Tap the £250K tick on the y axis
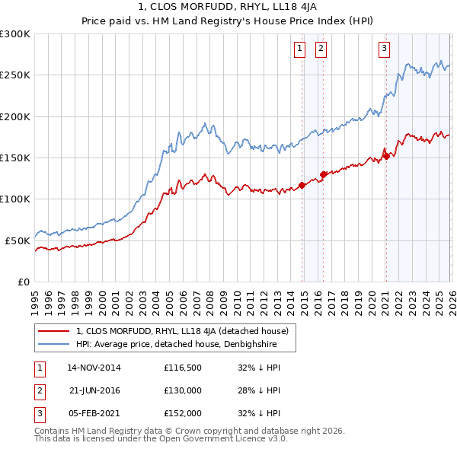click(x=14, y=75)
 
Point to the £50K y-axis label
click(x=17, y=240)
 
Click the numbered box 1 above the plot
click(x=299, y=49)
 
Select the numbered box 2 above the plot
click(x=320, y=49)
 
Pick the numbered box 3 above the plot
click(x=384, y=49)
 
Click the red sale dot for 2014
click(x=302, y=185)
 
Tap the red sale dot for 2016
click(x=323, y=174)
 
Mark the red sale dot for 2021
click(x=385, y=156)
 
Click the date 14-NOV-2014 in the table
click(x=94, y=368)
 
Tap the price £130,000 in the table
click(x=183, y=390)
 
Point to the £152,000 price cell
click(x=183, y=413)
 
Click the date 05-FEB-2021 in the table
click(x=94, y=413)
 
